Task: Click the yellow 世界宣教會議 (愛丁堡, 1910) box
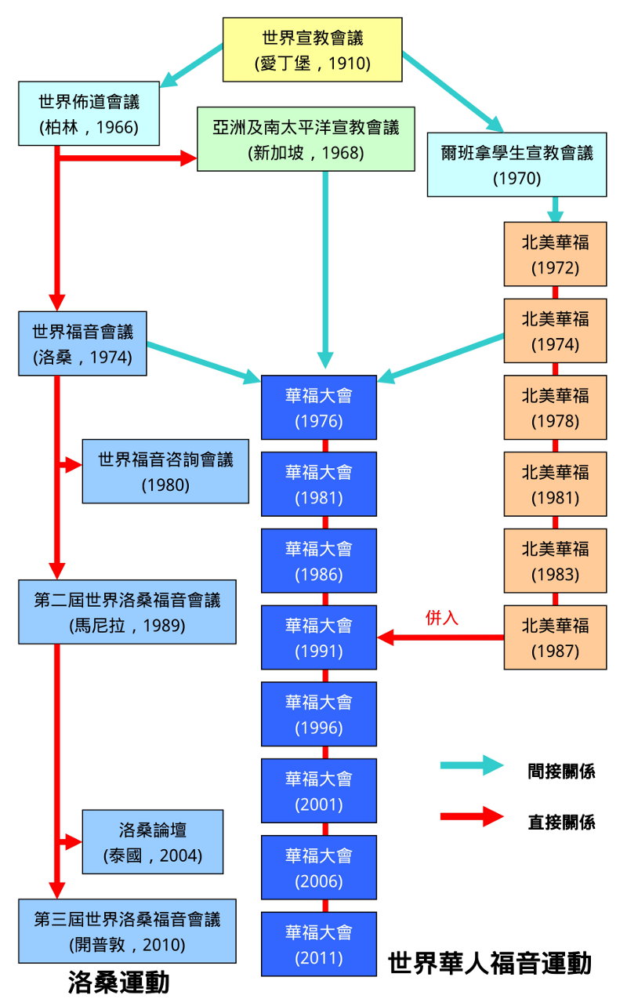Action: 313,49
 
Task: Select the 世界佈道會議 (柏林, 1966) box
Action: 89,114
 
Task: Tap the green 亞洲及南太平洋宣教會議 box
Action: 306,139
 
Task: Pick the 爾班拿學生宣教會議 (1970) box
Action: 516,164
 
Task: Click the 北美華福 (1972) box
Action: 555,254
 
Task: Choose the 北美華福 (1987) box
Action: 555,637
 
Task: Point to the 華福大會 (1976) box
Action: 318,408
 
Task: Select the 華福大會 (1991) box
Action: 318,637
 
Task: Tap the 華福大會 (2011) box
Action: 318,944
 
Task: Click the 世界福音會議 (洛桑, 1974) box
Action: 82,343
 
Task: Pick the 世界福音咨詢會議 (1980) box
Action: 165,471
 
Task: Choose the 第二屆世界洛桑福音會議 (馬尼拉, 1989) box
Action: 127,612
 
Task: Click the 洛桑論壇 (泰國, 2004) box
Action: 152,842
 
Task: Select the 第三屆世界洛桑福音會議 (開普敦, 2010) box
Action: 127,932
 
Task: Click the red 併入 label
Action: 441,618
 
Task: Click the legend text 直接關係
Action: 561,822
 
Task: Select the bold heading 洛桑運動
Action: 118,982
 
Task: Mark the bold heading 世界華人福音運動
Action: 490,963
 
